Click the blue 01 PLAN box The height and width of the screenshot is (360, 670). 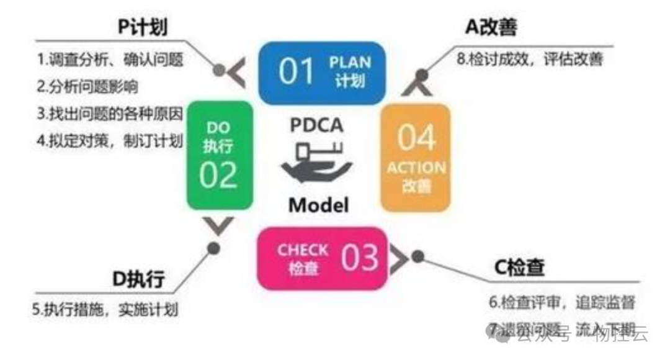pos(321,72)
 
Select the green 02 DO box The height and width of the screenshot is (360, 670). pos(220,155)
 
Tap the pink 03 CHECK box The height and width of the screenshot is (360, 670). pos(321,258)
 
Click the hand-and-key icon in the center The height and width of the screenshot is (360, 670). pos(316,163)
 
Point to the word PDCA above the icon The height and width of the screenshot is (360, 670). pos(316,125)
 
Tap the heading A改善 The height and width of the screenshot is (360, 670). pos(491,27)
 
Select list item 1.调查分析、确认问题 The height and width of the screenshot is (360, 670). pos(110,60)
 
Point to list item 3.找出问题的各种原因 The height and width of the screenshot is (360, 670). pos(110,114)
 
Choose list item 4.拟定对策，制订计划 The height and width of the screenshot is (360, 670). pos(110,141)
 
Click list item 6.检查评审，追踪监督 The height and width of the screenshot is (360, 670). pos(561,302)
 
